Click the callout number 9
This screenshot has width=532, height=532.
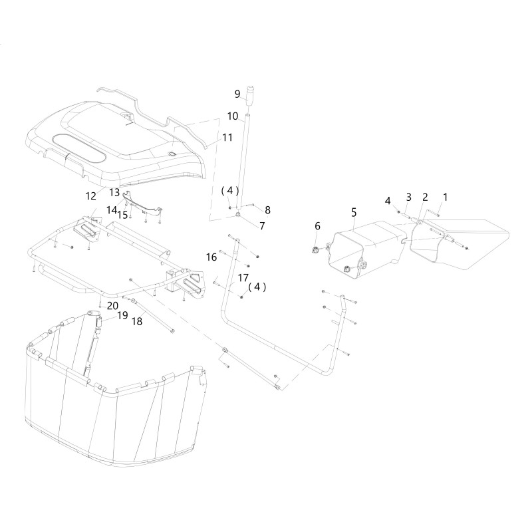(237, 94)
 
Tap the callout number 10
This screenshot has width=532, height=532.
(233, 116)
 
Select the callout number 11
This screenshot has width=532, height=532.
(227, 138)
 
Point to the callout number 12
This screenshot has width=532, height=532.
(91, 196)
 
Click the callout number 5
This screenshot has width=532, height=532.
(354, 213)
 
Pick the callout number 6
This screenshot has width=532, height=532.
(317, 225)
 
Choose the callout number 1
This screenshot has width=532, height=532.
(446, 197)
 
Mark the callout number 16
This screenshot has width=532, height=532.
(211, 257)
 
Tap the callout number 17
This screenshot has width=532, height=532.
(243, 278)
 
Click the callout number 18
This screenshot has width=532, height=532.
(137, 321)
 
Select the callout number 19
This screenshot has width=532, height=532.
(122, 315)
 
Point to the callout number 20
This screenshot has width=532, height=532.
(112, 306)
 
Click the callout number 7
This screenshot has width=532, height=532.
(262, 225)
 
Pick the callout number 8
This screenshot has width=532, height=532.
(268, 210)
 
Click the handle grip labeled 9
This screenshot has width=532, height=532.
(251, 96)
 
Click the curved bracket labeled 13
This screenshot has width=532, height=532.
(143, 204)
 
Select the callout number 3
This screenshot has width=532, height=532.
(408, 197)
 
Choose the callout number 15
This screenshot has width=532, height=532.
(122, 215)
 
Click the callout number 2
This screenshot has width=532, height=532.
(425, 197)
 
